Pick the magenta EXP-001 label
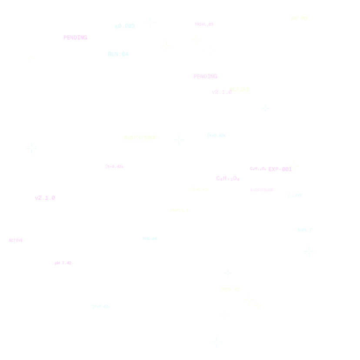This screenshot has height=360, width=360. point(280,169)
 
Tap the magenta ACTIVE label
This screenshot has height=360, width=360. point(16,240)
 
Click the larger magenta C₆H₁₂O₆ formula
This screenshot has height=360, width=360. point(228,179)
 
